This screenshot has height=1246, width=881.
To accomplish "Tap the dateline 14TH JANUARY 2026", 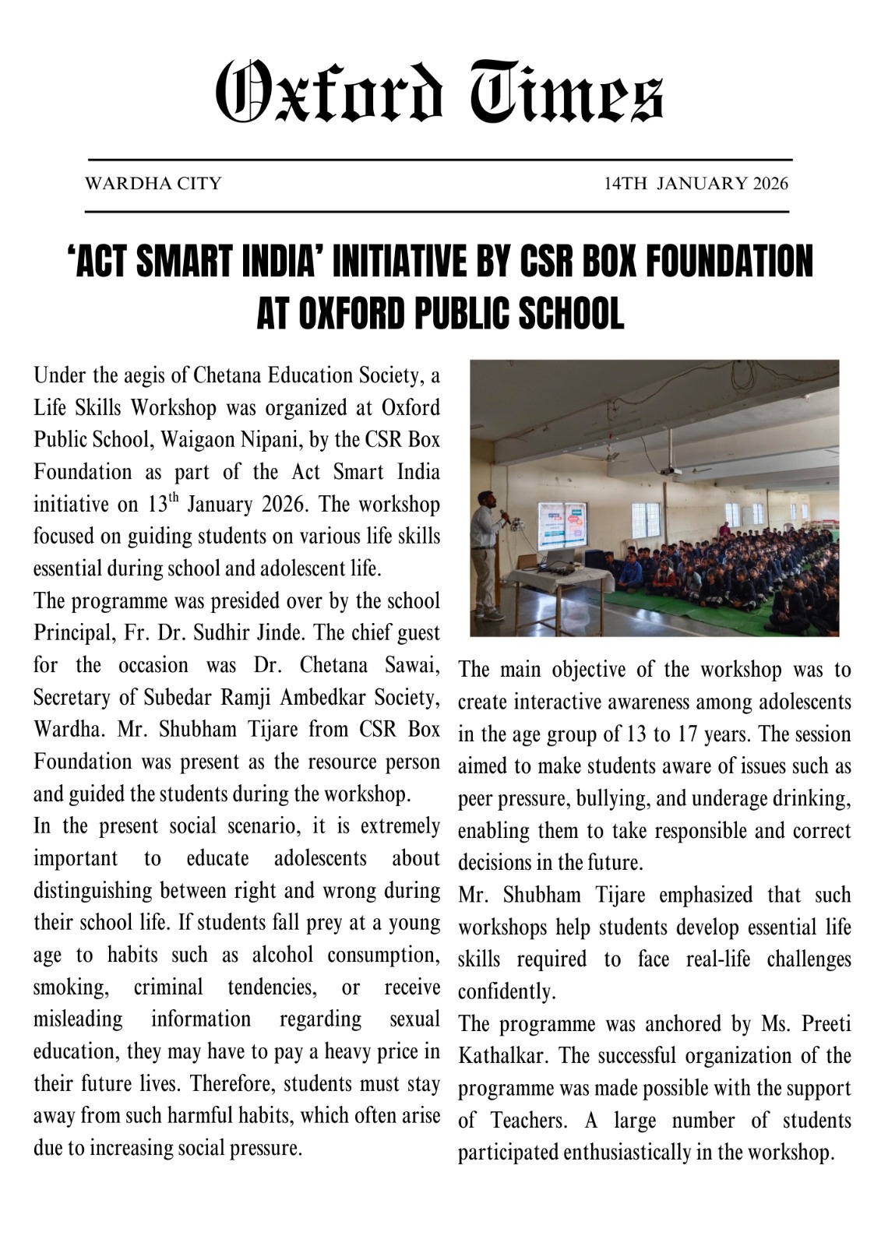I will click(696, 184).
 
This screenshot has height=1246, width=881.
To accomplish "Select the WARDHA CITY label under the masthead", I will click(153, 184).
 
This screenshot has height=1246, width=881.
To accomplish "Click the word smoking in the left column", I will click(70, 987).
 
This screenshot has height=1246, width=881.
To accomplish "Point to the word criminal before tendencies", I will click(168, 987).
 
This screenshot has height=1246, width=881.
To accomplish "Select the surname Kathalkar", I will click(504, 1057).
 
